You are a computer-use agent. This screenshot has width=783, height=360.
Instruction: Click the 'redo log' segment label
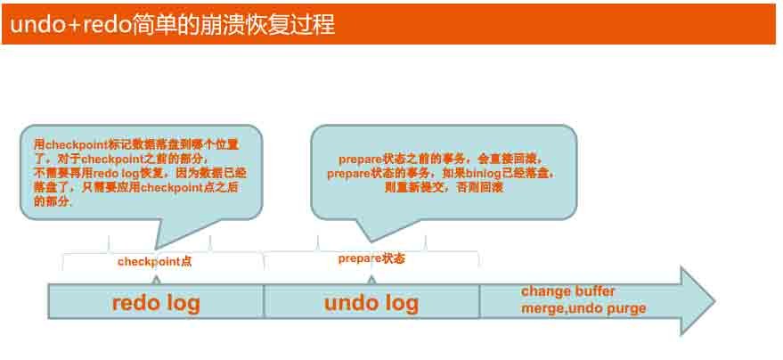[156, 302]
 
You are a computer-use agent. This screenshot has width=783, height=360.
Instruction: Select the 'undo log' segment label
[371, 302]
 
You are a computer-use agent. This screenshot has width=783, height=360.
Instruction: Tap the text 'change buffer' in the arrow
[568, 291]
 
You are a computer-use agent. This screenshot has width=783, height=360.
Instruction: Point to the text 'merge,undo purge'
[584, 308]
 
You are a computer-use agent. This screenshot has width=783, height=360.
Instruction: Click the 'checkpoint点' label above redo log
[154, 262]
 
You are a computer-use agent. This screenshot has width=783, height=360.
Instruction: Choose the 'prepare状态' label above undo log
[371, 258]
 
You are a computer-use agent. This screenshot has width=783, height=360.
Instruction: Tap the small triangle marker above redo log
[156, 280]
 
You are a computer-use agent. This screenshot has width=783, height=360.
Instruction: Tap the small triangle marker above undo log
[371, 280]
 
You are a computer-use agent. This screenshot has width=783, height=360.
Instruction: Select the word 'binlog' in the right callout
[488, 175]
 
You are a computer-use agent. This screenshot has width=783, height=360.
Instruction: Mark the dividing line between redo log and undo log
[264, 301]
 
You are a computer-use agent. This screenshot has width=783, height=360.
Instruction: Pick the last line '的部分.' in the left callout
[53, 201]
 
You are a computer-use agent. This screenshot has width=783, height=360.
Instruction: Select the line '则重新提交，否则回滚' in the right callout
[444, 188]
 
